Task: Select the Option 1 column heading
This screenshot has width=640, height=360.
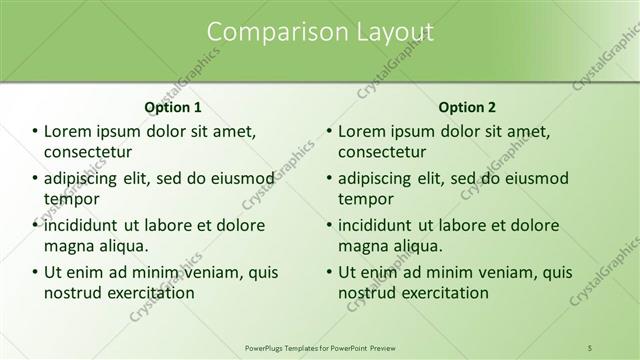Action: tap(173, 107)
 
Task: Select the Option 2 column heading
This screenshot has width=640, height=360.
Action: tap(467, 107)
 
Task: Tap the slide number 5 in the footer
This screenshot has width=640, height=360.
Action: tap(591, 347)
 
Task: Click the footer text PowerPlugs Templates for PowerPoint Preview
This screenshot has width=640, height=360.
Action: tap(320, 347)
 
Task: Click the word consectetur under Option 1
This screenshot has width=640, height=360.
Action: tap(89, 152)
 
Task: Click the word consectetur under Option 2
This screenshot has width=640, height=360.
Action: tap(382, 152)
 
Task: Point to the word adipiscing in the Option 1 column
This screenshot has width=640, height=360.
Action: tap(87, 178)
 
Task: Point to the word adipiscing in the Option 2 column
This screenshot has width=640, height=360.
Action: tap(381, 178)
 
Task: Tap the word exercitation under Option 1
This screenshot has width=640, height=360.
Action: tap(144, 293)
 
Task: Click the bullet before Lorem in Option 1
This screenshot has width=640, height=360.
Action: tap(35, 132)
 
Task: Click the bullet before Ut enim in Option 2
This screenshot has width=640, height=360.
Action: tap(329, 272)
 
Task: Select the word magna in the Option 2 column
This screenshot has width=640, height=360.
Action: tap(361, 246)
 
